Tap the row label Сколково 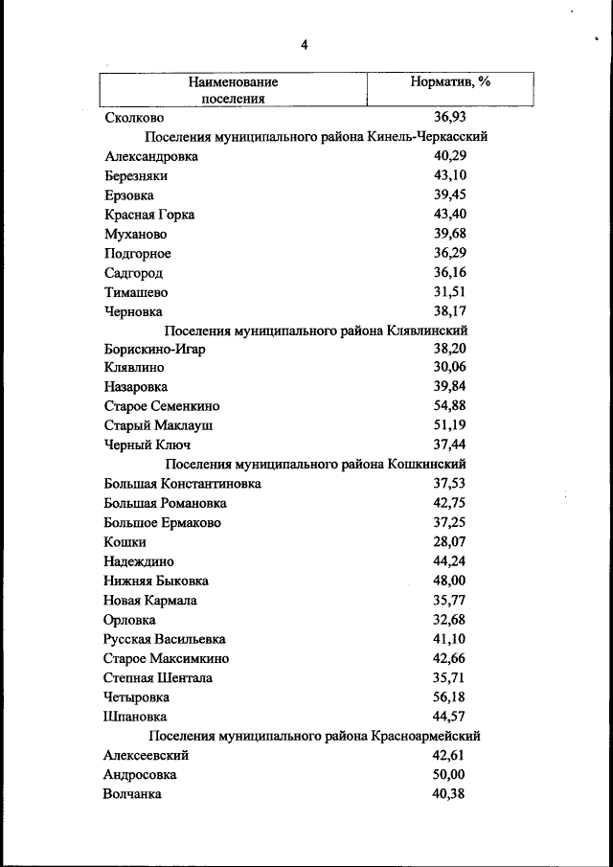135,118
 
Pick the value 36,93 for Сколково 449,118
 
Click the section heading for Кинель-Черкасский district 316,137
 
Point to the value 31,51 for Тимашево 449,292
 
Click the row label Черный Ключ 148,445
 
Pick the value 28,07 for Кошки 449,542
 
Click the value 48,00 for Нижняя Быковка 449,581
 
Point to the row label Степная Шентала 158,677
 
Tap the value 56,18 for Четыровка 449,696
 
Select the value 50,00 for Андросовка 449,774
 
